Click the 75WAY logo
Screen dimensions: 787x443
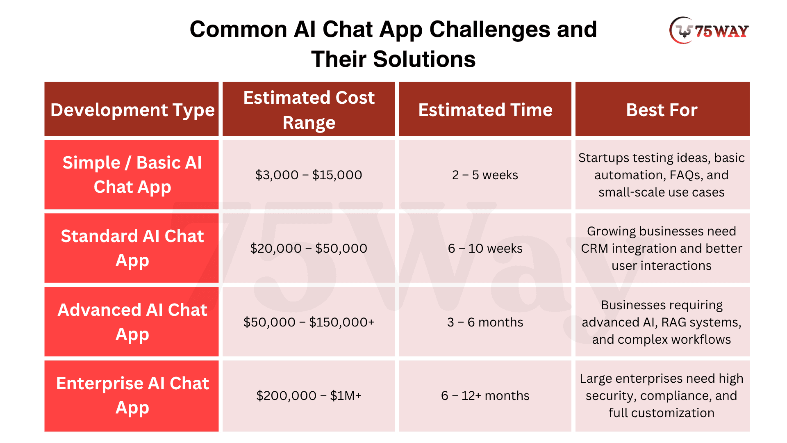(709, 30)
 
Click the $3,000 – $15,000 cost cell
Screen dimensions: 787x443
(309, 175)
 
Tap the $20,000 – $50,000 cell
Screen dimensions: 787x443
(309, 248)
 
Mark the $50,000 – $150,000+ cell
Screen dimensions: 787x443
(309, 322)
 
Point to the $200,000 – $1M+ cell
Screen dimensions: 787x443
(309, 396)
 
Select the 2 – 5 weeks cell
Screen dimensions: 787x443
(485, 175)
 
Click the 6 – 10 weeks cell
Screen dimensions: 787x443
(485, 248)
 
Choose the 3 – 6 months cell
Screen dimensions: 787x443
(485, 322)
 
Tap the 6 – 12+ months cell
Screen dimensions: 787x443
(485, 396)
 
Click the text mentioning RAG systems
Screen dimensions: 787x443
(662, 322)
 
